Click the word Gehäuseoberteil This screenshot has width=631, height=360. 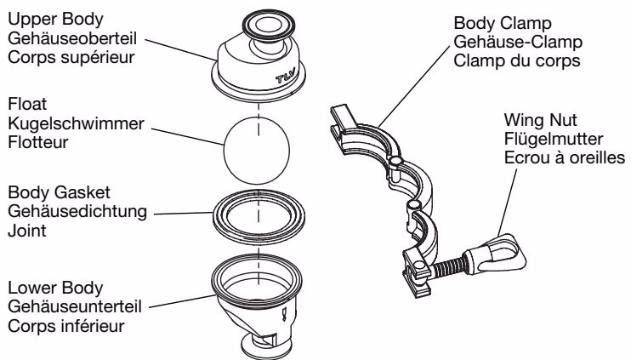click(x=72, y=38)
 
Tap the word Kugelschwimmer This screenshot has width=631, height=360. click(x=76, y=123)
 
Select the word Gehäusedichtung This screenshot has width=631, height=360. click(x=77, y=212)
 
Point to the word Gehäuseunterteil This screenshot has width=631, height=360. click(x=75, y=307)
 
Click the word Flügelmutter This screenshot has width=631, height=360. click(x=554, y=140)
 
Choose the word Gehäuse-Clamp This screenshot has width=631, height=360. click(x=518, y=42)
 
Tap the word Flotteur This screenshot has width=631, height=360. click(x=38, y=142)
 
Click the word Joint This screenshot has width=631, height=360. click(x=27, y=231)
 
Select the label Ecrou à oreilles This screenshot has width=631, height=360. click(x=565, y=157)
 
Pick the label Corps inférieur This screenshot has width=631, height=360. click(x=66, y=326)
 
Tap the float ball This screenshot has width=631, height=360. click(x=257, y=150)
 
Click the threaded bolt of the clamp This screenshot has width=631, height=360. click(x=447, y=266)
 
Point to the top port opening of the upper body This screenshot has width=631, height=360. click(x=270, y=24)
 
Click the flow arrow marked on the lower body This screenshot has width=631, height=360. click(x=284, y=314)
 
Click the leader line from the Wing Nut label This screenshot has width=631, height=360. click(x=507, y=203)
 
